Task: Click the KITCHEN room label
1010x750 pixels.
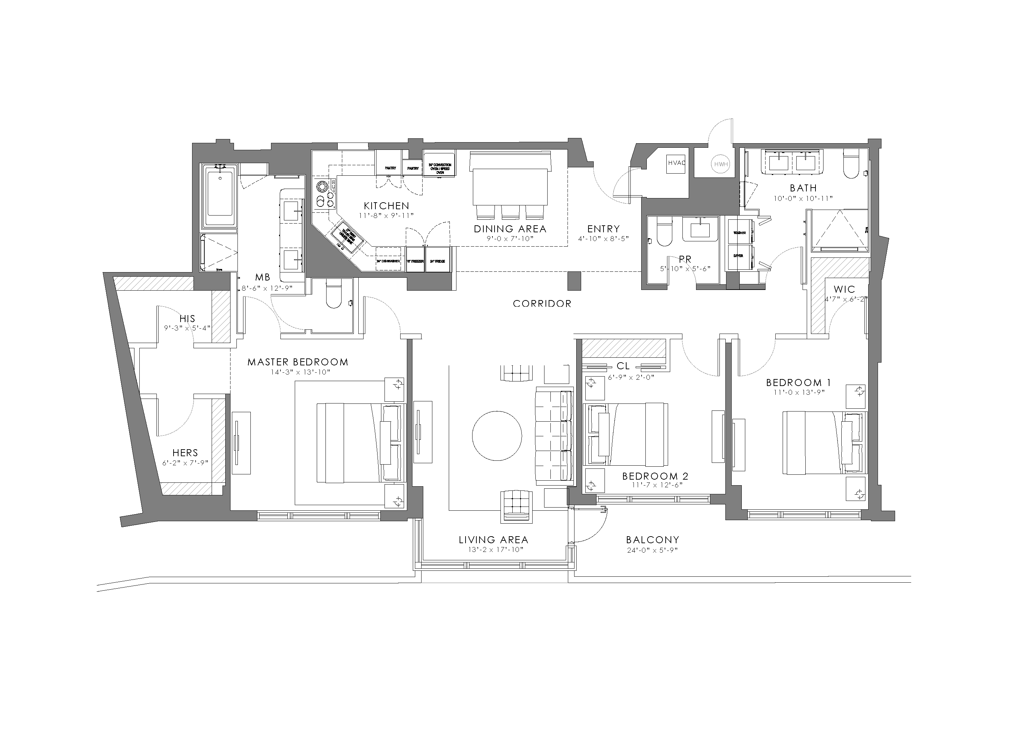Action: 386,206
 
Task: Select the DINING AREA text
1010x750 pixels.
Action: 510,229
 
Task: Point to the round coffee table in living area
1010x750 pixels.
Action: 497,436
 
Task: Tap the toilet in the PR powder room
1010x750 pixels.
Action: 664,232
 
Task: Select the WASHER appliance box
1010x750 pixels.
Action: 739,232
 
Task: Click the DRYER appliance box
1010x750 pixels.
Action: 739,256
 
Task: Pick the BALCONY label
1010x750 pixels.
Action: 652,540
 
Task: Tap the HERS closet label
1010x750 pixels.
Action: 185,453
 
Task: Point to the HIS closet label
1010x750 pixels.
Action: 187,318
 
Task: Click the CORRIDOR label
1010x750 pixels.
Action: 542,304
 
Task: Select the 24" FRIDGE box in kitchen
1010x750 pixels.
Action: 438,261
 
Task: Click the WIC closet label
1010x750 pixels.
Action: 844,289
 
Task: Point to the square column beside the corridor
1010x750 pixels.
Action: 574,281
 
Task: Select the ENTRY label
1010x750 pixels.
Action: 603,229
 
